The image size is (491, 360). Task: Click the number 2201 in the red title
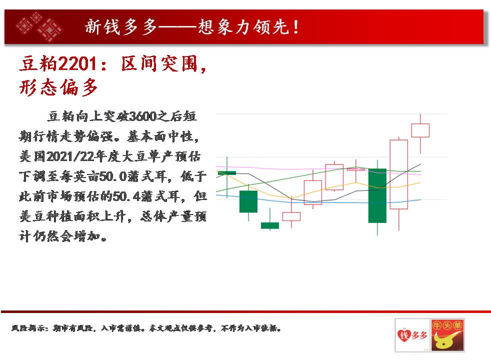point(77,64)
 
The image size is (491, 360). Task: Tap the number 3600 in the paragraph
point(142,116)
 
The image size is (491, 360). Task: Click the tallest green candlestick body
point(377,195)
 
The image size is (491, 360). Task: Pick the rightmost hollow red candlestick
point(420,130)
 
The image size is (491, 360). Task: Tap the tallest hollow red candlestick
point(399,174)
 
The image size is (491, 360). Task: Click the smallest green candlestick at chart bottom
point(270,225)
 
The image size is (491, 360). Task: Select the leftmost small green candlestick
point(227,173)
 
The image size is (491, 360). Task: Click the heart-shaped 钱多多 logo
point(412,335)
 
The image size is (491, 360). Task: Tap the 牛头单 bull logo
point(447,335)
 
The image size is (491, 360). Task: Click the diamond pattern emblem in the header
point(39,26)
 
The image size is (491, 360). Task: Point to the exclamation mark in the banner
point(295,27)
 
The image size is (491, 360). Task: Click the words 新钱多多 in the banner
point(121,27)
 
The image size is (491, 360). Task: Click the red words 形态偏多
point(58,87)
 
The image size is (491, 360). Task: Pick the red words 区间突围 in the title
point(160,64)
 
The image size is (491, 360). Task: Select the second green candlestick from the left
point(248,201)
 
